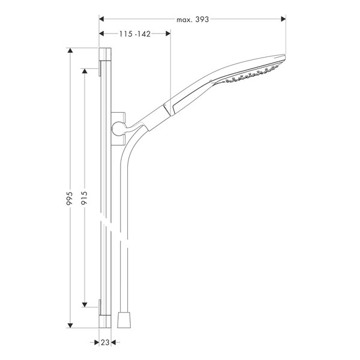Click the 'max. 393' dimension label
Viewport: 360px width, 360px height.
click(x=193, y=20)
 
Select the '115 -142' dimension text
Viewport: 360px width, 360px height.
click(x=135, y=34)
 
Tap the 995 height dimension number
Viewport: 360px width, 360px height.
click(x=70, y=199)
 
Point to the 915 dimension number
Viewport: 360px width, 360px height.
click(x=84, y=198)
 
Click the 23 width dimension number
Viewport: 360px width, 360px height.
click(x=105, y=343)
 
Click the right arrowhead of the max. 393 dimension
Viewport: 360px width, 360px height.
click(x=283, y=19)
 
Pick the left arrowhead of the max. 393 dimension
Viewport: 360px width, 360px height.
click(x=101, y=19)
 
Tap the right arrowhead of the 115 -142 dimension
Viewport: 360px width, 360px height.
click(x=168, y=34)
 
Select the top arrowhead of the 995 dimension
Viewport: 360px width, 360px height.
click(x=70, y=50)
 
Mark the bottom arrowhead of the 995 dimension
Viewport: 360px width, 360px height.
click(x=70, y=325)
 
